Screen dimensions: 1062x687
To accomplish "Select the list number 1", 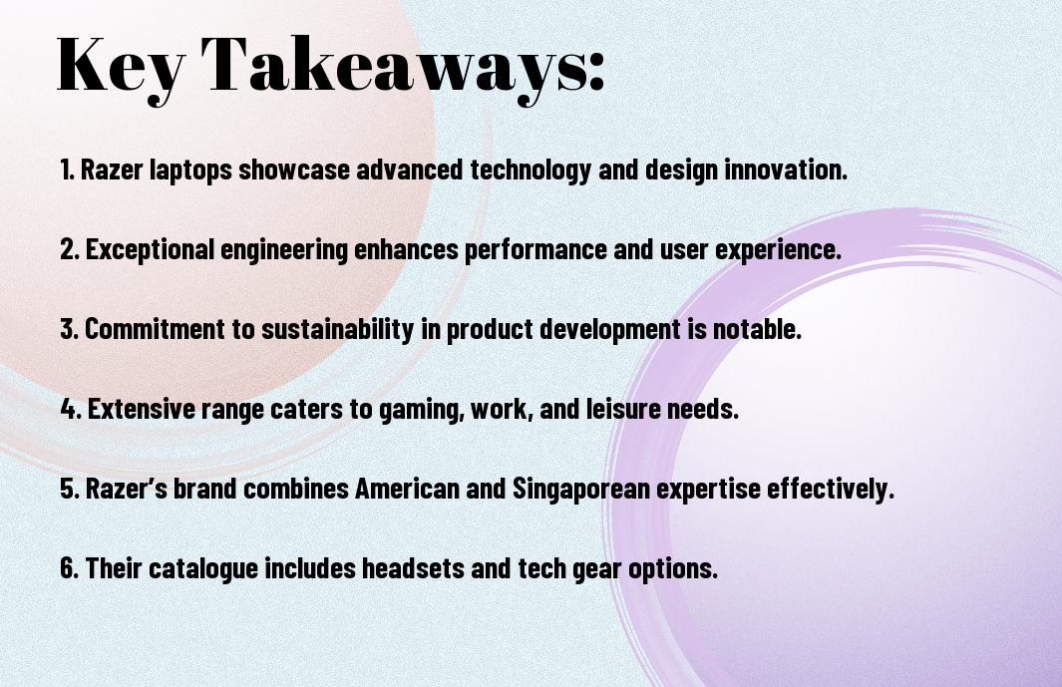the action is [67, 170].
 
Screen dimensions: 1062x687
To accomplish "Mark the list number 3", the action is [69, 329].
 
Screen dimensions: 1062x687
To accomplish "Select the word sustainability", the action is [337, 330].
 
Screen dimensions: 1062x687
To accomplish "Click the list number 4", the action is [71, 409].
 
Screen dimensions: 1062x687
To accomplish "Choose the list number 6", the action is [69, 567].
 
